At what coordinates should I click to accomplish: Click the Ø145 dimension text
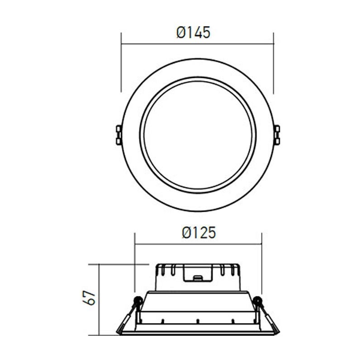pyautogui.click(x=193, y=33)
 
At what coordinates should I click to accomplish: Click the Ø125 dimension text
pyautogui.click(x=199, y=233)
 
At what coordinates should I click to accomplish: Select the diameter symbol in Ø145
pyautogui.click(x=181, y=33)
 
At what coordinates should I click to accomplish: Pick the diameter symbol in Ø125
pyautogui.click(x=186, y=233)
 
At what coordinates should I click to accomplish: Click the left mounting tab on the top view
pyautogui.click(x=119, y=135)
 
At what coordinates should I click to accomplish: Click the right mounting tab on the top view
pyautogui.click(x=276, y=135)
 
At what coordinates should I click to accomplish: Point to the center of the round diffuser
pyautogui.click(x=198, y=135)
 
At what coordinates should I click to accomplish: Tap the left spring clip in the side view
pyautogui.click(x=127, y=319)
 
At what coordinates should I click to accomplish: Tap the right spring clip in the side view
pyautogui.click(x=269, y=319)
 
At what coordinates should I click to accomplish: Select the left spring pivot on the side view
pyautogui.click(x=138, y=300)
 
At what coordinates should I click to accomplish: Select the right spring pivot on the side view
pyautogui.click(x=257, y=300)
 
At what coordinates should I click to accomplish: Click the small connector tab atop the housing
pyautogui.click(x=198, y=277)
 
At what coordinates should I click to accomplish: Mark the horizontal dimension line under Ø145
pyautogui.click(x=197, y=44)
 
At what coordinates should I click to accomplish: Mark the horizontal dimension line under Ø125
pyautogui.click(x=198, y=244)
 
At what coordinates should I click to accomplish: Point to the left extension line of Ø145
pyautogui.click(x=121, y=63)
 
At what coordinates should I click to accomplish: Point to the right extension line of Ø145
pyautogui.click(x=274, y=63)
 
